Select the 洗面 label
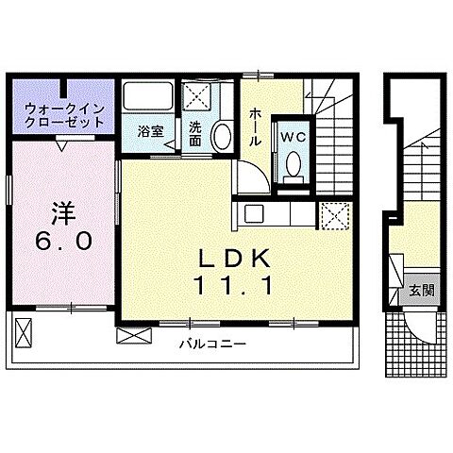pyautogui.click(x=194, y=132)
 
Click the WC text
pyautogui.click(x=293, y=135)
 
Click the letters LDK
pyautogui.click(x=234, y=258)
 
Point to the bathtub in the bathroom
pyautogui.click(x=146, y=99)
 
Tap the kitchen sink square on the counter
pyautogui.click(x=253, y=213)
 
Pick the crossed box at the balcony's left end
pyautogui.click(x=25, y=331)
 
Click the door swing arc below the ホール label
pyautogui.click(x=250, y=179)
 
